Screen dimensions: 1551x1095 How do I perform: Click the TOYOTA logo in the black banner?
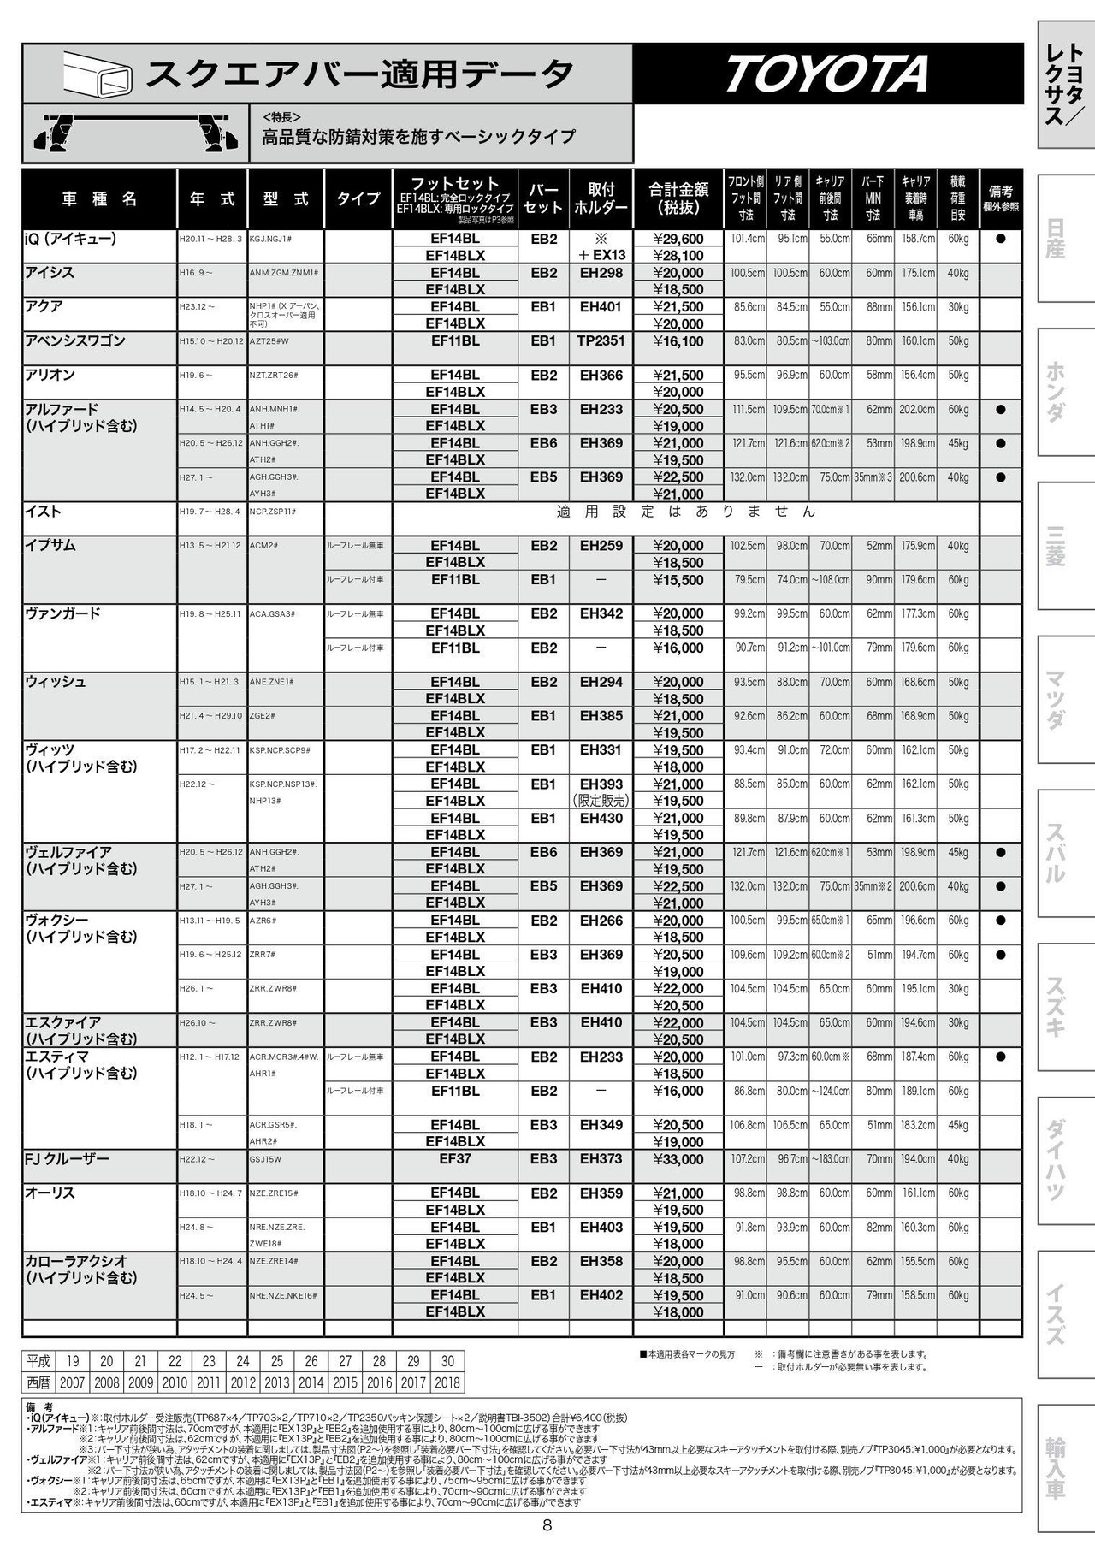tap(827, 74)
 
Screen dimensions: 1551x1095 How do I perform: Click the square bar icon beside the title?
tap(98, 74)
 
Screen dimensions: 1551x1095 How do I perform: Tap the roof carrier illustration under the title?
tap(135, 133)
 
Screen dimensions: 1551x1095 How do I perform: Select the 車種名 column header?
tap(99, 199)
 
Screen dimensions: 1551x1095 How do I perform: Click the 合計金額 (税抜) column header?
tap(678, 198)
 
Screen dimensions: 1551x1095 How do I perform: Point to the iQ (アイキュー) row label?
tap(70, 239)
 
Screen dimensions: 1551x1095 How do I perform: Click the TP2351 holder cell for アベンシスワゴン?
tap(601, 340)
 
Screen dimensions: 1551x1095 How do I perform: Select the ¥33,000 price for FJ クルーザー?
tap(678, 1159)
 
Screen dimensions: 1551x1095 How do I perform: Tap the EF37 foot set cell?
tap(455, 1158)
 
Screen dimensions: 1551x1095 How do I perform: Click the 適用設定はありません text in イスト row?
tap(685, 512)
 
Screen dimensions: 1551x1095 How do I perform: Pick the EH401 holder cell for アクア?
tap(601, 306)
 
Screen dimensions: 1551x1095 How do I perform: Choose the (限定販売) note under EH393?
tap(601, 801)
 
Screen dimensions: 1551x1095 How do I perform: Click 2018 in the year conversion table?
tap(447, 1382)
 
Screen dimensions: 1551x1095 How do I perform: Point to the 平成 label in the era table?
tap(38, 1361)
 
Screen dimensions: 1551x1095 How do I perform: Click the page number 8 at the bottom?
tap(547, 1525)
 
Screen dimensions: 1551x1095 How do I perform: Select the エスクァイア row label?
tap(63, 1022)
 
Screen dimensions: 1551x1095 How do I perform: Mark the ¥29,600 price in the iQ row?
tap(678, 239)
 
